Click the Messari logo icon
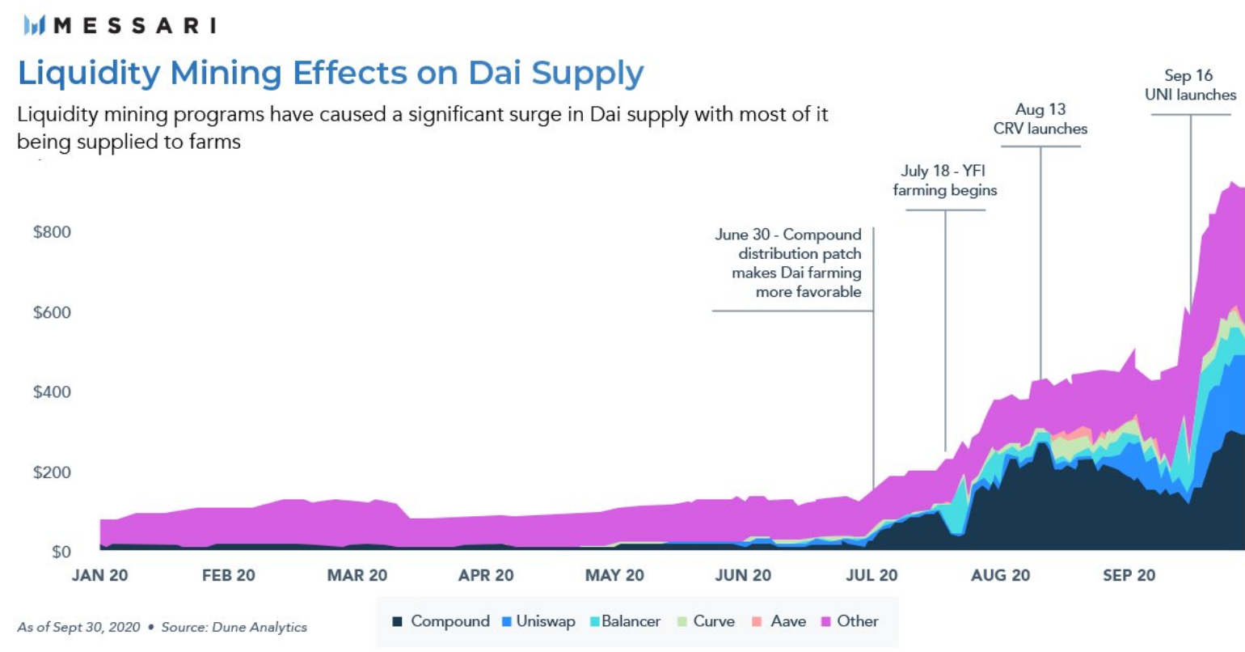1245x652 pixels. [35, 26]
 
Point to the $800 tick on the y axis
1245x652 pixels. [52, 232]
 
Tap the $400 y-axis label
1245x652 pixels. [52, 392]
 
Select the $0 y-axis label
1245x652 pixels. [61, 553]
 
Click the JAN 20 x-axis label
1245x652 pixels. [99, 575]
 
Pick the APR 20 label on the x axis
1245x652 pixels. [486, 575]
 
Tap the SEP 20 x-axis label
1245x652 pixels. [1129, 575]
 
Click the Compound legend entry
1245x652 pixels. [441, 621]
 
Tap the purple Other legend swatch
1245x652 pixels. [826, 622]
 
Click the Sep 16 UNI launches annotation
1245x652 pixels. [1190, 85]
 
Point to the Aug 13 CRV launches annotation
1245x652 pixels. [1040, 119]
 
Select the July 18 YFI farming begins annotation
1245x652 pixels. [944, 180]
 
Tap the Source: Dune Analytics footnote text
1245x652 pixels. [234, 627]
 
